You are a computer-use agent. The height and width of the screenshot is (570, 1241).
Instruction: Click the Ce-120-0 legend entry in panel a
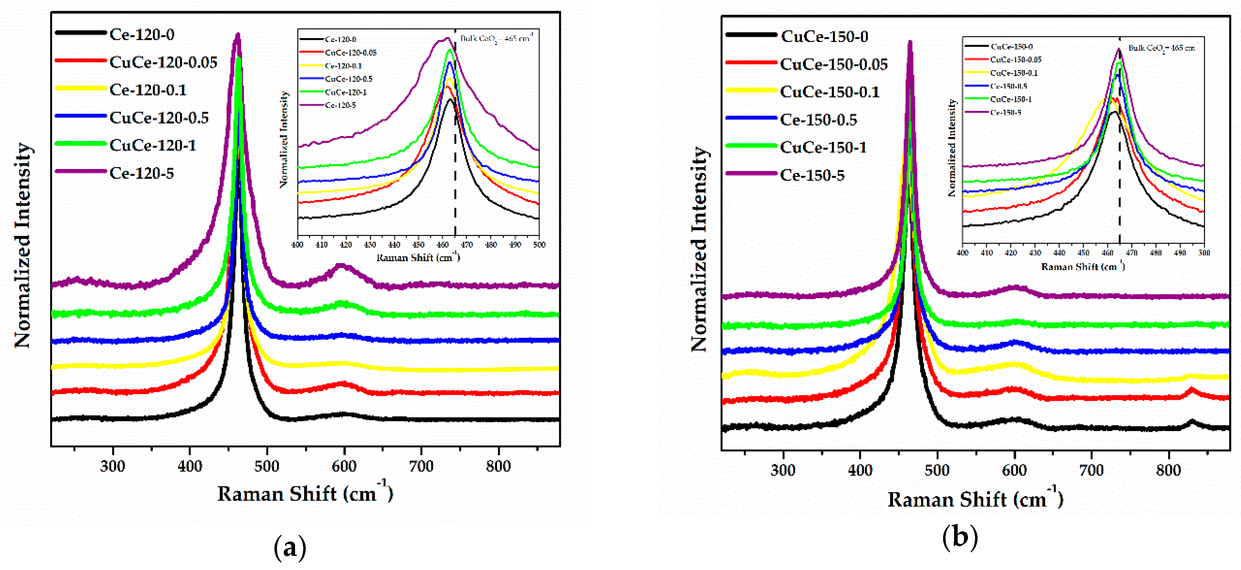(x=142, y=35)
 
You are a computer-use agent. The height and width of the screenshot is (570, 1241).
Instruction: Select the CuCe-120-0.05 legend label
(x=163, y=62)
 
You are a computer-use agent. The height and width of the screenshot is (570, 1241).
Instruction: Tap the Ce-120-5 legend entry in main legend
(x=142, y=173)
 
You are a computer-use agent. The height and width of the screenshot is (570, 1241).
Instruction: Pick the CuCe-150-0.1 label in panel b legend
(x=829, y=92)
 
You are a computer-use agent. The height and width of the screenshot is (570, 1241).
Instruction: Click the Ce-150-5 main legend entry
(x=812, y=175)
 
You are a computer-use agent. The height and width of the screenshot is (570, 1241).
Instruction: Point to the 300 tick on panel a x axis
(x=113, y=466)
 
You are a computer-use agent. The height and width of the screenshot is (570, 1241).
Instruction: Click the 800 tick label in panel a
(x=498, y=466)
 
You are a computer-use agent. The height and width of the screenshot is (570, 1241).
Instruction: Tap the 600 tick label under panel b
(x=1014, y=470)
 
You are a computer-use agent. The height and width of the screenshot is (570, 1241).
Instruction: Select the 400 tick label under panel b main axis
(x=860, y=470)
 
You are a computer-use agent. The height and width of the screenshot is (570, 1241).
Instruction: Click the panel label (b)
(x=960, y=537)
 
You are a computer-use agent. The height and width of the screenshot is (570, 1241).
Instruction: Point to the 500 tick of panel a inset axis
(x=539, y=245)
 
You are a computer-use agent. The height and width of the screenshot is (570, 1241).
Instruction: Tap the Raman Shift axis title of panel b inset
(x=1083, y=267)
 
